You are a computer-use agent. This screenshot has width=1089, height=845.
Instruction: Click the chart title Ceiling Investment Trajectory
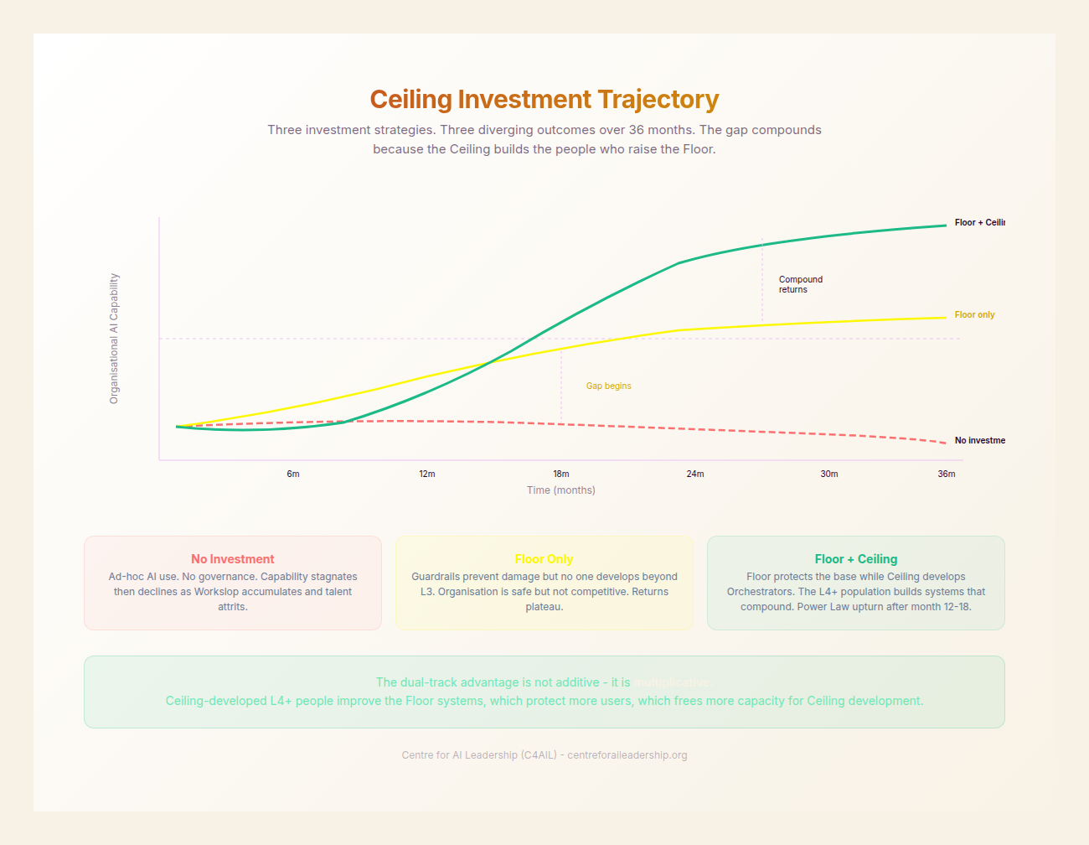click(x=544, y=100)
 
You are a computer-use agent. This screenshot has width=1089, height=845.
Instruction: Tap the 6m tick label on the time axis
click(x=293, y=474)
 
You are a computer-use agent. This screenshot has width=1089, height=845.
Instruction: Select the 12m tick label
click(x=427, y=474)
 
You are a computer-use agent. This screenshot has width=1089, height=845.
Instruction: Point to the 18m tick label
click(x=561, y=474)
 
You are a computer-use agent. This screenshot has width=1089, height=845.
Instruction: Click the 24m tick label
click(x=695, y=474)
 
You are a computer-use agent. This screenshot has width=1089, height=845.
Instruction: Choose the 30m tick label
click(x=829, y=474)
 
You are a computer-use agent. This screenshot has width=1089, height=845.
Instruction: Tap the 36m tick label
click(x=947, y=474)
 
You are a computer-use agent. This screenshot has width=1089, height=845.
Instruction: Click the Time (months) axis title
click(x=561, y=490)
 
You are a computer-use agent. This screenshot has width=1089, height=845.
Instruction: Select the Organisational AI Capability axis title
click(x=115, y=339)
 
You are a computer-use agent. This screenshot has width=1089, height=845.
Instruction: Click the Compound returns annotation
click(x=800, y=285)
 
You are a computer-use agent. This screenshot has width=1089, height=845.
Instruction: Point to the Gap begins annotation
click(x=609, y=386)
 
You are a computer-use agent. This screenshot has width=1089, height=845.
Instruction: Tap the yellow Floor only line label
click(x=974, y=315)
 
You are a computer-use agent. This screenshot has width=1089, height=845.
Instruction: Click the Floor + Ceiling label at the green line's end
click(x=979, y=223)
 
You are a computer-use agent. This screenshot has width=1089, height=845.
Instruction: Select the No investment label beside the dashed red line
click(x=979, y=441)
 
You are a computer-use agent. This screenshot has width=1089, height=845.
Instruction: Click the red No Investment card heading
click(x=233, y=559)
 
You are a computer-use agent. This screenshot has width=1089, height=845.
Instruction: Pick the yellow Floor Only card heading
click(x=544, y=559)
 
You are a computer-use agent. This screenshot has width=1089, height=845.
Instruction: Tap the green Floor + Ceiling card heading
click(x=856, y=559)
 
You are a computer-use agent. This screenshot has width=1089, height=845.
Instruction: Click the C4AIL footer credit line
click(x=544, y=755)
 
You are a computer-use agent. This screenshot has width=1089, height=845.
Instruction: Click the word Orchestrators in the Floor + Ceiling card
click(x=760, y=592)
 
